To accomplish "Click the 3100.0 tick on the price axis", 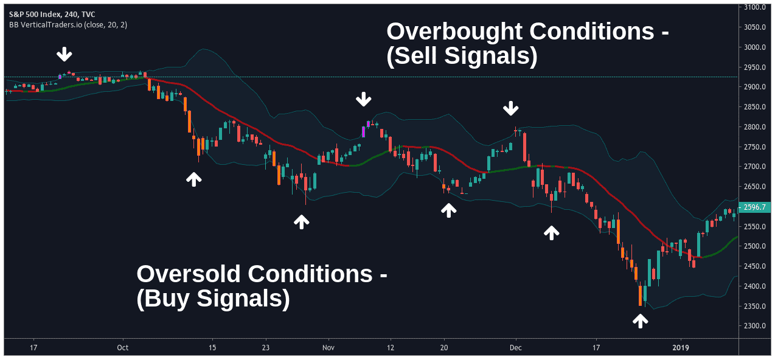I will pyautogui.click(x=754, y=7).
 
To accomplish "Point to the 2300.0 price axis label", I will pyautogui.click(x=754, y=326).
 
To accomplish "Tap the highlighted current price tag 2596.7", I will pyautogui.click(x=756, y=207).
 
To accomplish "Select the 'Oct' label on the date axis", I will pyautogui.click(x=123, y=347).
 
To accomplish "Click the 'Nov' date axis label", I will pyautogui.click(x=328, y=347).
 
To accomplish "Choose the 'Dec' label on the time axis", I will pyautogui.click(x=516, y=347).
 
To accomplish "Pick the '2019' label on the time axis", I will pyautogui.click(x=681, y=347).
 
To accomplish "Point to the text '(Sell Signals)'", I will pyautogui.click(x=462, y=57).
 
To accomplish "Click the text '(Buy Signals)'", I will pyautogui.click(x=213, y=299).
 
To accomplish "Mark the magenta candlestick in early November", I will pyautogui.click(x=364, y=131).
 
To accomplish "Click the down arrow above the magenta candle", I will pyautogui.click(x=364, y=99).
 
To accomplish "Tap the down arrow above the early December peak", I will pyautogui.click(x=511, y=109).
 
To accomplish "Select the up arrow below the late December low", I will pyautogui.click(x=640, y=320).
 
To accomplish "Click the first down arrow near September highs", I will pyautogui.click(x=64, y=55).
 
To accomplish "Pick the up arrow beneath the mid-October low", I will pyautogui.click(x=194, y=179).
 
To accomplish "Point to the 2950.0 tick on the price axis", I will pyautogui.click(x=754, y=67).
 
